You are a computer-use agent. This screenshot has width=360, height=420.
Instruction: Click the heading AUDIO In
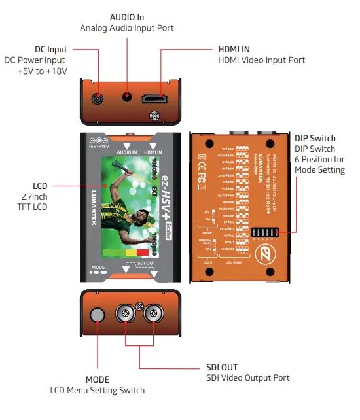(x=126, y=16)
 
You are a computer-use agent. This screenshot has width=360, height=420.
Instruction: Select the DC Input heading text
(x=51, y=50)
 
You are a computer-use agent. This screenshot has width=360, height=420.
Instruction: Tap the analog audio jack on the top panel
(x=127, y=97)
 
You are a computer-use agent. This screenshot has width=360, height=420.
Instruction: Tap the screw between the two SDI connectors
(x=139, y=304)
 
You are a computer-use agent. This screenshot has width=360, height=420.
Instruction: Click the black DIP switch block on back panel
(x=262, y=234)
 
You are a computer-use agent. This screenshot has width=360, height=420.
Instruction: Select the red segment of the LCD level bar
(x=143, y=252)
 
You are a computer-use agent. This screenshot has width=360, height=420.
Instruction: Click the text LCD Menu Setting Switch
(x=98, y=391)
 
